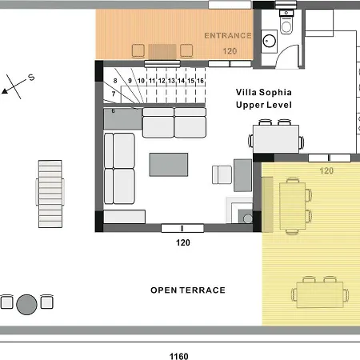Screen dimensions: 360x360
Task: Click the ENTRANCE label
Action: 228,36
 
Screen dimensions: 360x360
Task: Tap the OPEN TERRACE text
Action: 188,290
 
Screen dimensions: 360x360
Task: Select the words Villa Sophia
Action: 264,92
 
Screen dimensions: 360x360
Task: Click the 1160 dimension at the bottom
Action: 179,356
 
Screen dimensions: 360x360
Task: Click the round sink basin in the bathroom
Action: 270,41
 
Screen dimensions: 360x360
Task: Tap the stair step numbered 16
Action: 200,81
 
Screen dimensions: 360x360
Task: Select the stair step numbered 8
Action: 115,81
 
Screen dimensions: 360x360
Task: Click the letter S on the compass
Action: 31,78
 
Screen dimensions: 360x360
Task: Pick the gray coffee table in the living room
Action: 169,165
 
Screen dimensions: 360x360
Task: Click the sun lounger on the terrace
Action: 50,194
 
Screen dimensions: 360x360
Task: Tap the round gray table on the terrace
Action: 26,305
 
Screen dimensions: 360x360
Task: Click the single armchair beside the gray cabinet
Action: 222,174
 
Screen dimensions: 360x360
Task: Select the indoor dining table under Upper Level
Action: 276,139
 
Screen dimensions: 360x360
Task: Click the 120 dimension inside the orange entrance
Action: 230,51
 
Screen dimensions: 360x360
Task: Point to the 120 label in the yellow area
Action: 326,170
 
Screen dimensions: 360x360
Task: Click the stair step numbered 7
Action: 114,94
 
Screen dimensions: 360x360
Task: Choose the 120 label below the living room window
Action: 183,242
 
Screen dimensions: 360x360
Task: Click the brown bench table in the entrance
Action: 162,51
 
